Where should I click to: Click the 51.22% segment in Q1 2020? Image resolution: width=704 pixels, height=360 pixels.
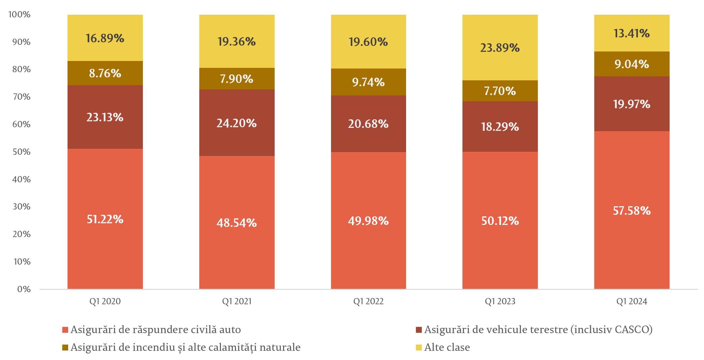click(105, 219)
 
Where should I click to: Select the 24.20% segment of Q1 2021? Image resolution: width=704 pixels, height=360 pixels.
click(237, 123)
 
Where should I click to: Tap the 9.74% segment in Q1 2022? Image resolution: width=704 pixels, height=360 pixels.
click(368, 82)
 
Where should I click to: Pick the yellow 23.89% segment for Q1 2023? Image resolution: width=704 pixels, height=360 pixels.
click(500, 48)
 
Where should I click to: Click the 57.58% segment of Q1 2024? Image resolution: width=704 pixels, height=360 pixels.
click(632, 210)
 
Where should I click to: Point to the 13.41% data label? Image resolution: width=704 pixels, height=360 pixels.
click(632, 33)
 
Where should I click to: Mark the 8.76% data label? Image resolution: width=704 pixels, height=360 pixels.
click(105, 73)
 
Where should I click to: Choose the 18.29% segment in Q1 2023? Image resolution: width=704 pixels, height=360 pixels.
click(500, 127)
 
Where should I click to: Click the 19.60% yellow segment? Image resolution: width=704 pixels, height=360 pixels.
click(368, 42)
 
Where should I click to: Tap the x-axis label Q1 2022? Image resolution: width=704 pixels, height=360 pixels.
click(368, 301)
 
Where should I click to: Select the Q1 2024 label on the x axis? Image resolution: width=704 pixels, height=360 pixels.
click(632, 301)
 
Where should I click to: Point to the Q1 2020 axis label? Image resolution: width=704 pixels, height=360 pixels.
click(105, 301)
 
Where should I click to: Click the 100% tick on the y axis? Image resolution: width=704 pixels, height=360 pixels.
click(19, 14)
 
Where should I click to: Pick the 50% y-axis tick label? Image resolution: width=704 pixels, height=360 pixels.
click(21, 152)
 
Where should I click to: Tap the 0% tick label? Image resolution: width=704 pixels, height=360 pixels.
click(24, 289)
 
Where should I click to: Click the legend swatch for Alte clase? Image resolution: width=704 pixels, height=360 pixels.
click(419, 348)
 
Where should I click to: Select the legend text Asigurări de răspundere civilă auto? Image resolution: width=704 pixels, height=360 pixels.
click(156, 330)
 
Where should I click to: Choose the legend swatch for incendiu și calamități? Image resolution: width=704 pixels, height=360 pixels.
click(65, 348)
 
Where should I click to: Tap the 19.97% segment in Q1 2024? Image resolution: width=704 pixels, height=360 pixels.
click(632, 104)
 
